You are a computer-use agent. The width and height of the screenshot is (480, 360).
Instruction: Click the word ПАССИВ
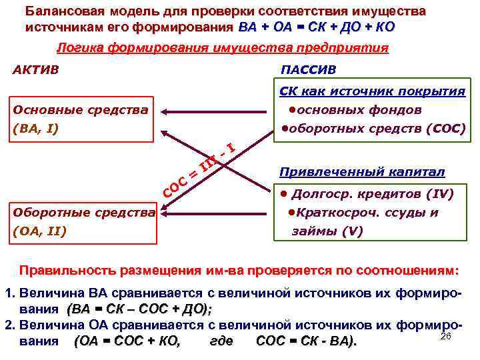click(x=309, y=69)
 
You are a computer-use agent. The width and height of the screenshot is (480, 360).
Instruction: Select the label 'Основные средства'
click(x=80, y=109)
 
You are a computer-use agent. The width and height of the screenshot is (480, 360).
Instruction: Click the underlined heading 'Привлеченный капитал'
click(x=362, y=172)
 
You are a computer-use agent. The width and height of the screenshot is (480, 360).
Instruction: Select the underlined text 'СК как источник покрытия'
click(x=372, y=91)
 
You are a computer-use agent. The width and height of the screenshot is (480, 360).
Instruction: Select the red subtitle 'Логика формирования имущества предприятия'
click(x=222, y=48)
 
